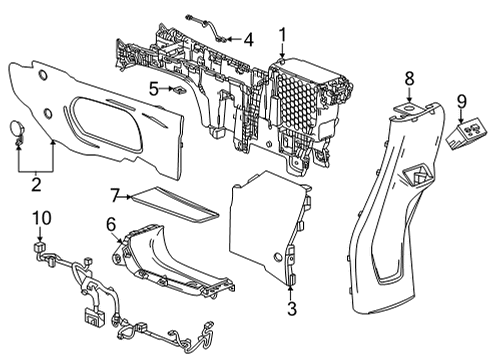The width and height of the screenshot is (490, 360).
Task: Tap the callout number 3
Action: (x=292, y=309)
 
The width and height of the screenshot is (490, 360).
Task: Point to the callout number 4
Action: (x=248, y=40)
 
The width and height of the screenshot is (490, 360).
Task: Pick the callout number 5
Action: (x=154, y=88)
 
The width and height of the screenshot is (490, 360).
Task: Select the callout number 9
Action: (x=461, y=100)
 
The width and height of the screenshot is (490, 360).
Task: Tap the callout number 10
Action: (x=42, y=217)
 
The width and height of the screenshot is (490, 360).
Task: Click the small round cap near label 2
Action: (x=19, y=128)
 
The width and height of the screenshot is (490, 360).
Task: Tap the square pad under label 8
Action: (x=408, y=103)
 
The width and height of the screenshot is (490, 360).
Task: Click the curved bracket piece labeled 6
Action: (x=165, y=260)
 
